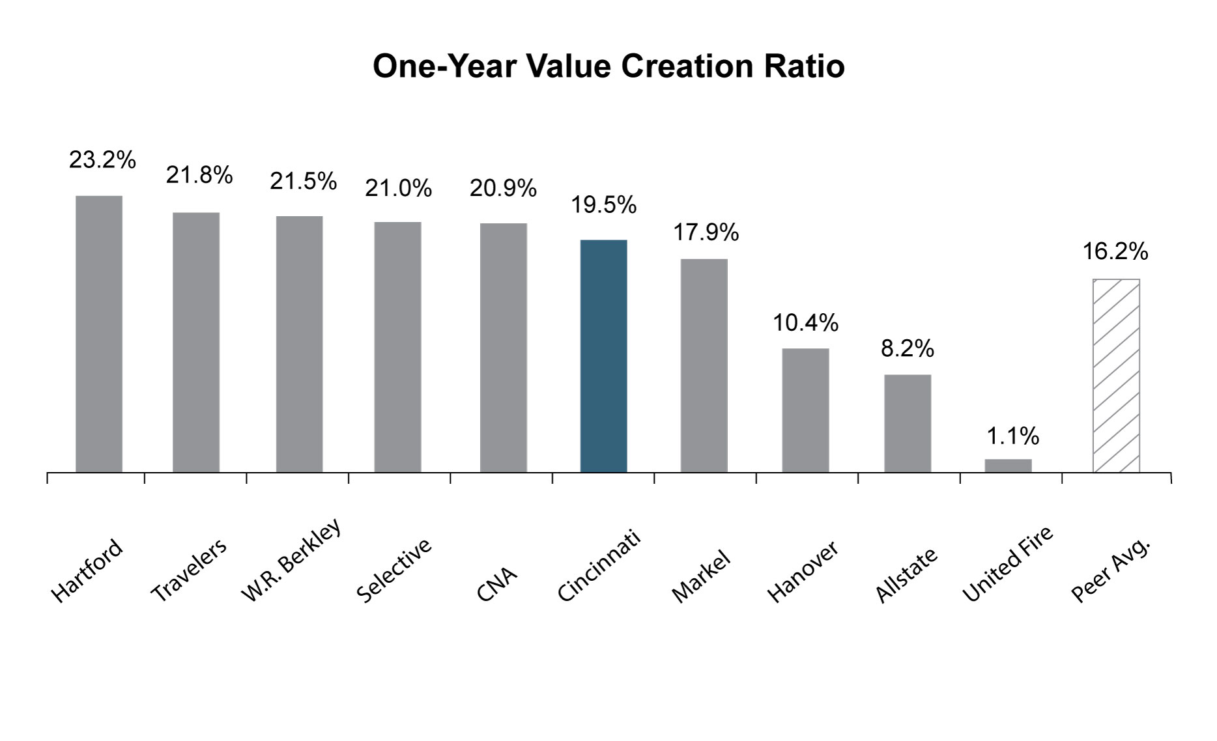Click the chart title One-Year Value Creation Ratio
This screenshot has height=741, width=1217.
[608, 66]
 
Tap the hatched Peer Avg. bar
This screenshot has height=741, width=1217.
[1116, 376]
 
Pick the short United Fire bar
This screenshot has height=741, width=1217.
[1008, 466]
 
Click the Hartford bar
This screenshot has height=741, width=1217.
[99, 333]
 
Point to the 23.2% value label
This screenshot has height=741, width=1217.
[102, 160]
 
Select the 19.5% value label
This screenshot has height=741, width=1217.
[603, 205]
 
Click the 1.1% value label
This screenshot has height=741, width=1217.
[1012, 436]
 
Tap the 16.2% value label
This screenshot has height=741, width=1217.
[1115, 251]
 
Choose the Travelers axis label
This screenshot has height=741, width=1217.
[189, 570]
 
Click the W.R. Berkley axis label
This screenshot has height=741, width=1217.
[291, 559]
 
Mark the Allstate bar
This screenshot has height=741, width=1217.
[908, 423]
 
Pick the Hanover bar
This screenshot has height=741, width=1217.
[805, 410]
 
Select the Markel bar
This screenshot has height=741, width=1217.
[704, 365]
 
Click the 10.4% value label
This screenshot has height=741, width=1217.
[805, 322]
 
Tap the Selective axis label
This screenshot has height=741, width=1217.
[394, 570]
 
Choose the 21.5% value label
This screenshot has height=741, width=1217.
[303, 181]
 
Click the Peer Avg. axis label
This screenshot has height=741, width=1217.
[1110, 571]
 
